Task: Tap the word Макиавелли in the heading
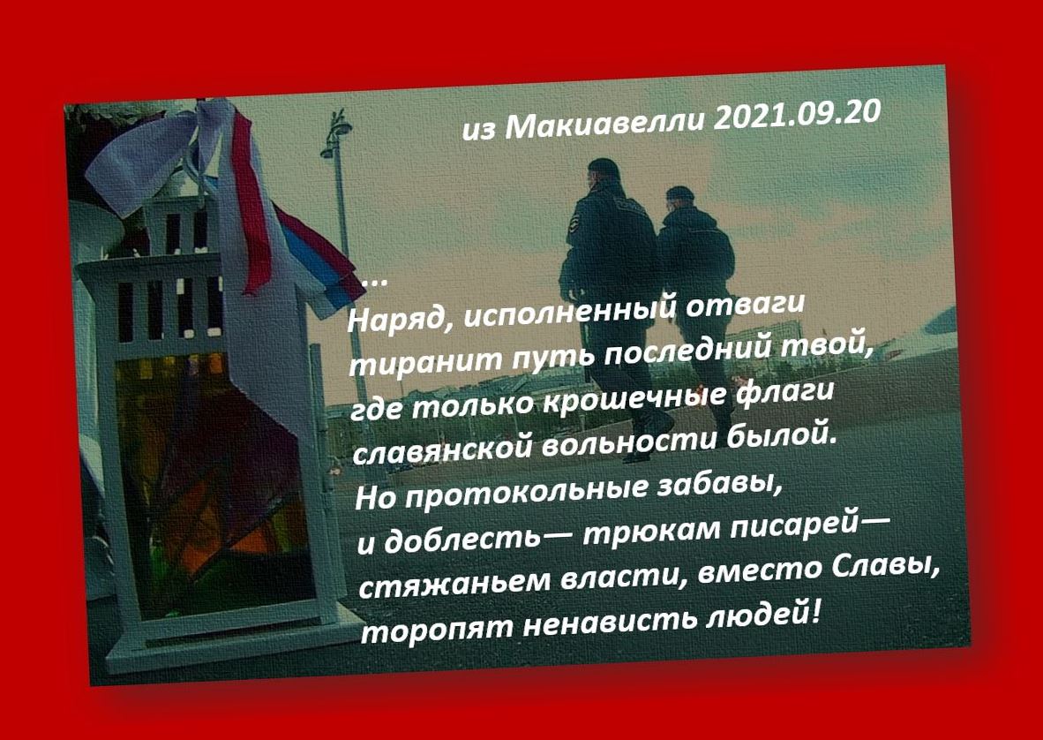coord(604,124)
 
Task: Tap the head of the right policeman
coord(679,198)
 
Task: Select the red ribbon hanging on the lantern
coord(251,200)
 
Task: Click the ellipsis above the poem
coord(374,282)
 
